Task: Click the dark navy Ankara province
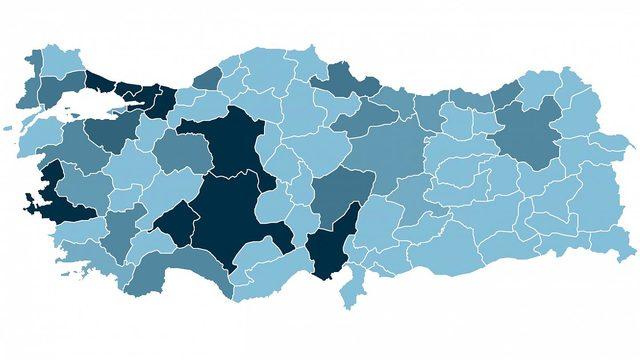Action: click(x=230, y=150)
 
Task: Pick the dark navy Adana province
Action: click(x=330, y=250)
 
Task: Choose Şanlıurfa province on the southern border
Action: click(x=440, y=250)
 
